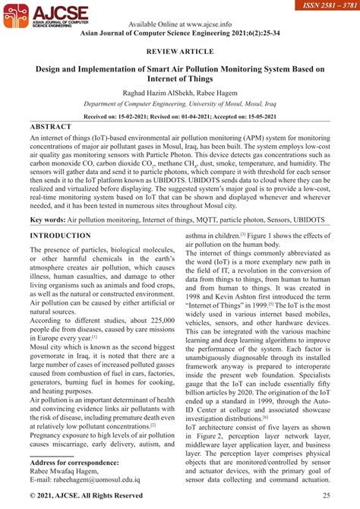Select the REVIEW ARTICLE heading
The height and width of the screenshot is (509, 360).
(180, 53)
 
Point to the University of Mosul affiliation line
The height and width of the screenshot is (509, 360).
(180, 106)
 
